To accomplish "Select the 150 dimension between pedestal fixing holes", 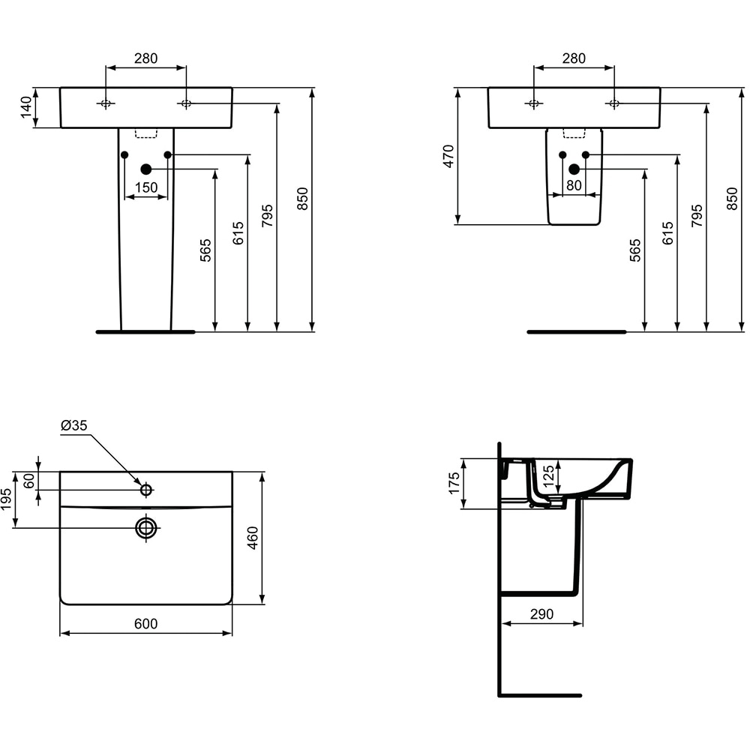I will pyautogui.click(x=145, y=187).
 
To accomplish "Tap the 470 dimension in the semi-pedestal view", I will pyautogui.click(x=448, y=156).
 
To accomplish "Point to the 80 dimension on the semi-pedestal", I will pyautogui.click(x=574, y=185).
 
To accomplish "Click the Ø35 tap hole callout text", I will pyautogui.click(x=74, y=425).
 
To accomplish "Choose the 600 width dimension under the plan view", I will pyautogui.click(x=145, y=624).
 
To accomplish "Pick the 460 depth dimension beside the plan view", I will pyautogui.click(x=253, y=538).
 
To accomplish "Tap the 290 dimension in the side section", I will pyautogui.click(x=541, y=613).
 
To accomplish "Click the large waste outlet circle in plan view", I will pyautogui.click(x=146, y=528).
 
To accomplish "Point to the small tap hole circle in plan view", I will pyautogui.click(x=146, y=490).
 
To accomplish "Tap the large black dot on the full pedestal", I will pyautogui.click(x=146, y=169).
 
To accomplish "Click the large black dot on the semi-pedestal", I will pyautogui.click(x=574, y=169).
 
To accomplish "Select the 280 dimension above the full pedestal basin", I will pyautogui.click(x=145, y=58).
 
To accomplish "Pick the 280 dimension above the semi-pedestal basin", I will pyautogui.click(x=574, y=58).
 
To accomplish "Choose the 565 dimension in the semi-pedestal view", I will pyautogui.click(x=635, y=250).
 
